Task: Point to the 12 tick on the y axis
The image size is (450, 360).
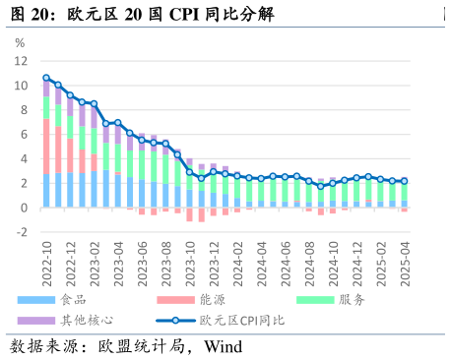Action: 20,61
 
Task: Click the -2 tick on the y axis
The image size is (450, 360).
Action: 20,232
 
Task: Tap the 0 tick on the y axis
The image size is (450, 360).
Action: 23,208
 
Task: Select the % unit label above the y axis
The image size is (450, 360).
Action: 21,42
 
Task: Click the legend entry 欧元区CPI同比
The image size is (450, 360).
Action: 241,320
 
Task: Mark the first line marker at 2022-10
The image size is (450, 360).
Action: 46,78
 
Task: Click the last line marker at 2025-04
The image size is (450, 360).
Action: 404,181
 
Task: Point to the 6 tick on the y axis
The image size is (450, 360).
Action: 23,135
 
